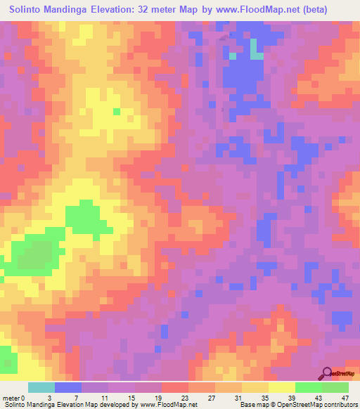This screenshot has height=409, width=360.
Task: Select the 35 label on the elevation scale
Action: click(x=269, y=398)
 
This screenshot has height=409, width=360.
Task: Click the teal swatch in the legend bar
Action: click(x=41, y=387)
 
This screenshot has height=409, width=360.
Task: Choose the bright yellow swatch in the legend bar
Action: click(x=281, y=387)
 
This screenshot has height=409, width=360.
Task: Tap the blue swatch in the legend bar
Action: click(x=67, y=387)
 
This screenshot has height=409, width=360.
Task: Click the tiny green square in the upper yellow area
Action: click(x=116, y=111)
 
